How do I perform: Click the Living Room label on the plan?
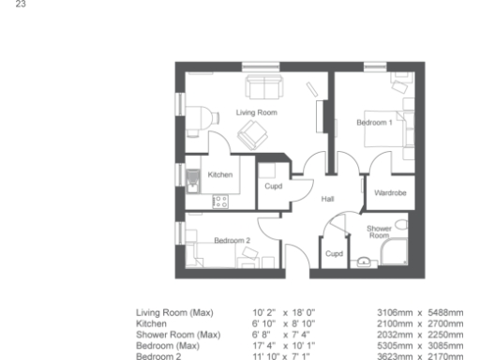pyautogui.click(x=255, y=112)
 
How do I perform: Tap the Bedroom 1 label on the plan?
pyautogui.click(x=374, y=123)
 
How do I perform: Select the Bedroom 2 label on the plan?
pyautogui.click(x=232, y=241)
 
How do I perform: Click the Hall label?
pyautogui.click(x=328, y=199)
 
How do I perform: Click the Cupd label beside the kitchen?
pyautogui.click(x=274, y=187)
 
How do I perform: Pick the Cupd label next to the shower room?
pyautogui.click(x=334, y=253)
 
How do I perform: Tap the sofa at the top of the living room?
pyautogui.click(x=263, y=87)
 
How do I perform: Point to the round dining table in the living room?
pyautogui.click(x=199, y=116)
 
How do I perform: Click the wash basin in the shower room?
pyautogui.click(x=400, y=225)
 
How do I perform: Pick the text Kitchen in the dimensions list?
pyautogui.click(x=151, y=319)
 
